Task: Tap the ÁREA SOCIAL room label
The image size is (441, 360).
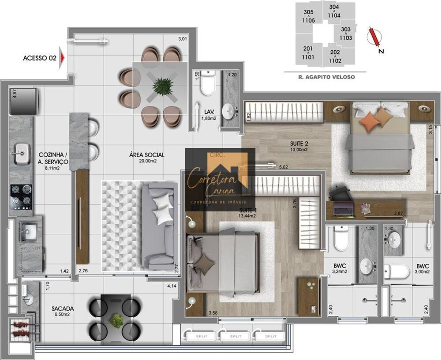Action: point(147,155)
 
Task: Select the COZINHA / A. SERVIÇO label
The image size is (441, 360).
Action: point(52,158)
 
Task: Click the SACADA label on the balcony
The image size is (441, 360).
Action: point(62,308)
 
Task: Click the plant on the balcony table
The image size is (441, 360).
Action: point(116,320)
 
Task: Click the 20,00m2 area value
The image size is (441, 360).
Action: point(146,161)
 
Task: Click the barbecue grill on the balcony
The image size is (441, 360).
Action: point(21,327)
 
